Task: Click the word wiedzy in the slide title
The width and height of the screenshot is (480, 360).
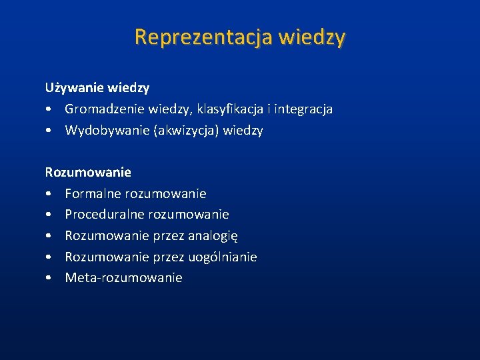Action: (x=313, y=37)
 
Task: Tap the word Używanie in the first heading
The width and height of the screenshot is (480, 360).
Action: (x=71, y=87)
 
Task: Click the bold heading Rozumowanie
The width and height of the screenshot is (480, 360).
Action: (x=88, y=172)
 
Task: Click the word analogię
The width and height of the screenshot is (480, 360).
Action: (x=213, y=236)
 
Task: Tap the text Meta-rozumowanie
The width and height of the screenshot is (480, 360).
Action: (x=123, y=278)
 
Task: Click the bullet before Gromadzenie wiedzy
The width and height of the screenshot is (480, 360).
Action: (x=49, y=109)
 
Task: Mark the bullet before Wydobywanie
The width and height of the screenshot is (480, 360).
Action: (x=49, y=131)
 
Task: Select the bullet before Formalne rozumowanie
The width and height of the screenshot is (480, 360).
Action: (x=49, y=194)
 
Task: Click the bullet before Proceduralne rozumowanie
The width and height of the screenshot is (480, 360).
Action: (x=49, y=215)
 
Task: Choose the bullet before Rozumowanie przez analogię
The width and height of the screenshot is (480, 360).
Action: (x=49, y=237)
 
